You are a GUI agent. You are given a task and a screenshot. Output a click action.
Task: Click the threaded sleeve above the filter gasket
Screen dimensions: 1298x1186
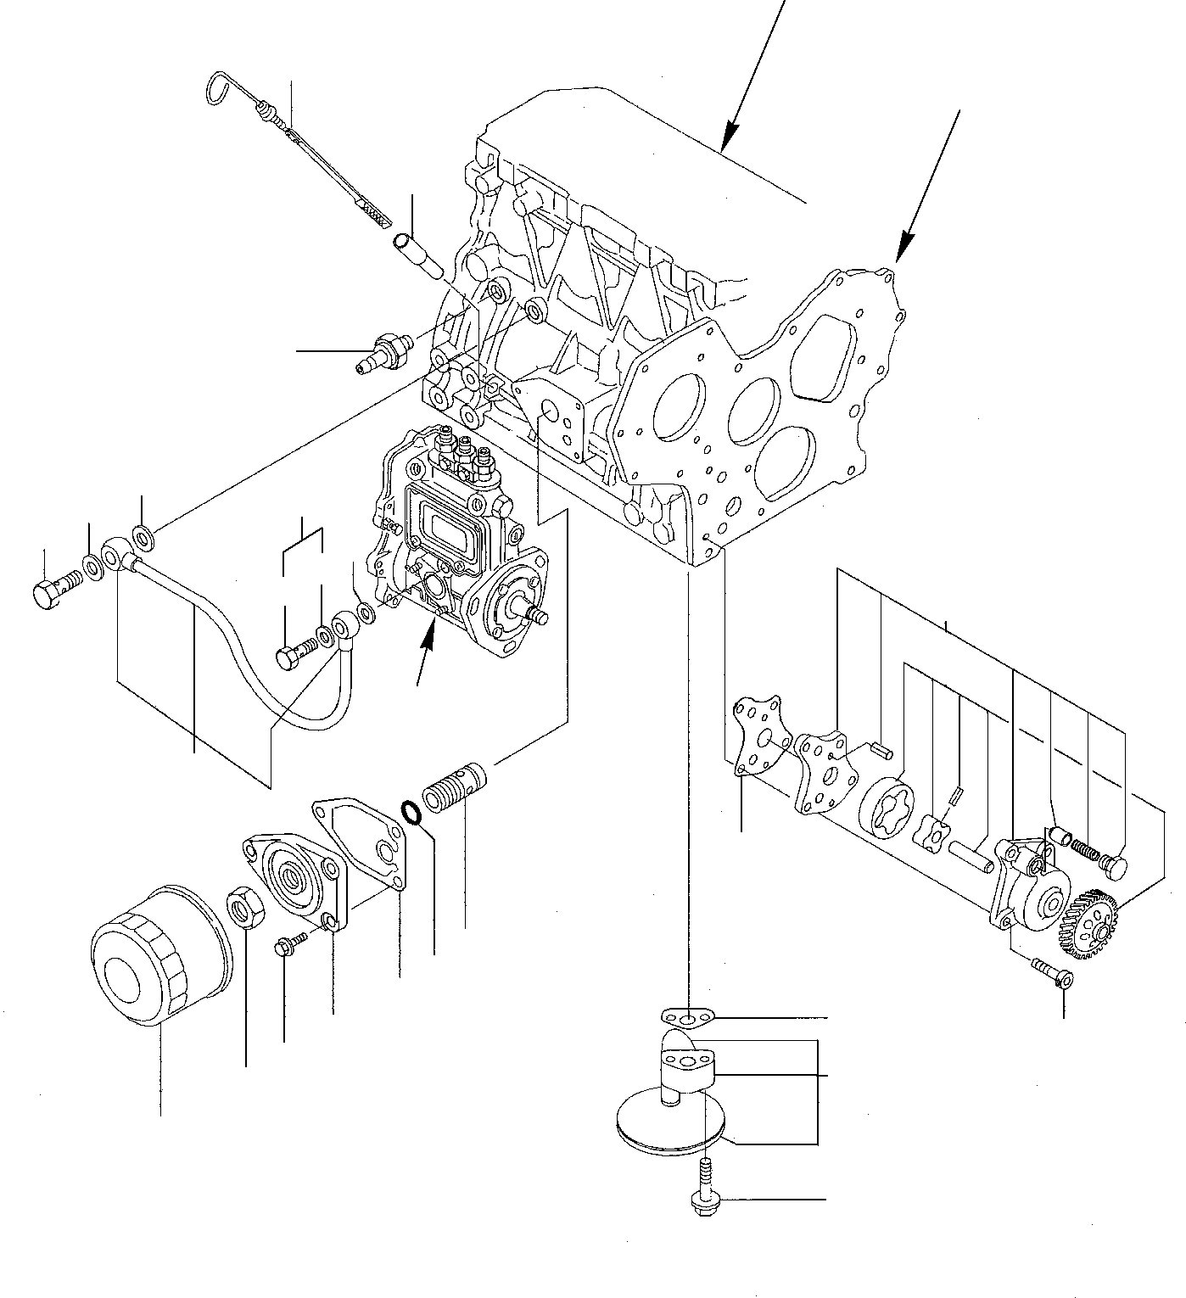pos(453,788)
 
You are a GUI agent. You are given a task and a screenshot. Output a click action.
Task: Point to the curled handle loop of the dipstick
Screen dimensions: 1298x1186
pos(221,90)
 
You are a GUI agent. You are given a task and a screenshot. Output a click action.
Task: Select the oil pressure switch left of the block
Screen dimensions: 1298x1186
pos(383,351)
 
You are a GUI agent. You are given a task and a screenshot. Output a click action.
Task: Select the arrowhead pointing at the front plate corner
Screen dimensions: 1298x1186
pos(903,247)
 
